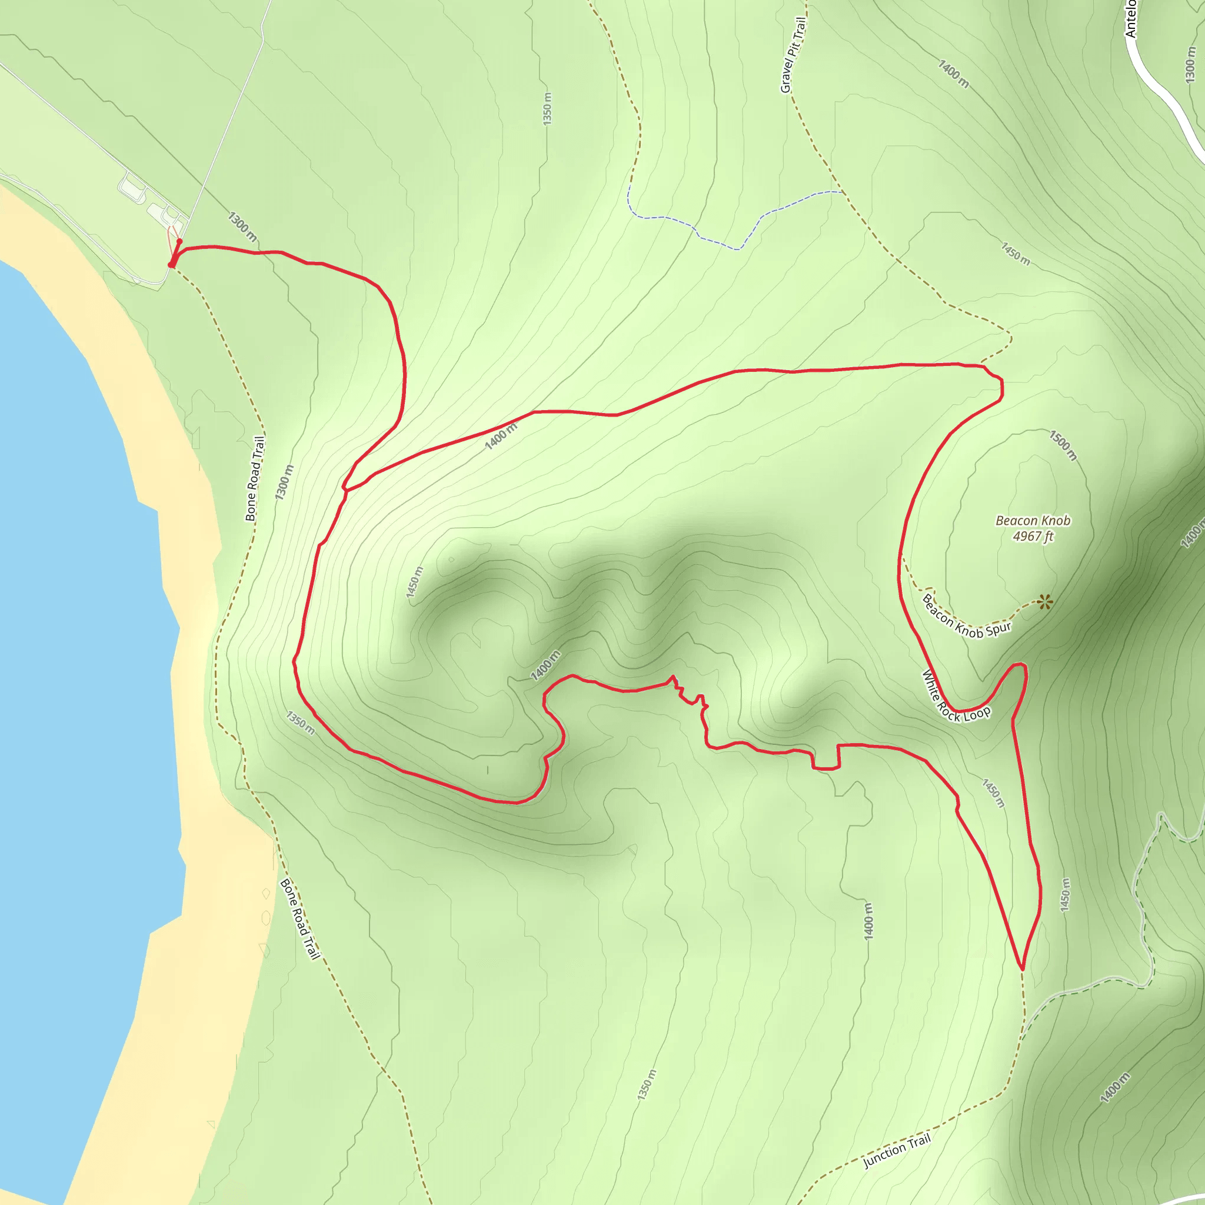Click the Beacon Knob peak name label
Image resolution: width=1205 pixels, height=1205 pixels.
click(1032, 520)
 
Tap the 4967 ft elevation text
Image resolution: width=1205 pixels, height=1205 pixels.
click(1032, 537)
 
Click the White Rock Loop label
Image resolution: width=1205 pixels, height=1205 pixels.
click(955, 697)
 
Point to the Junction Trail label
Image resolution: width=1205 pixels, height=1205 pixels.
click(896, 1151)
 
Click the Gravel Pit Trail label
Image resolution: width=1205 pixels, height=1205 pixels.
click(793, 55)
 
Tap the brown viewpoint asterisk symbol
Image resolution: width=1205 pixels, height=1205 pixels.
click(1046, 602)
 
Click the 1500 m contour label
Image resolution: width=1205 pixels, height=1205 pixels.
click(1063, 445)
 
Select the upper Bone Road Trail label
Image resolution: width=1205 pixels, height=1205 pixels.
click(254, 478)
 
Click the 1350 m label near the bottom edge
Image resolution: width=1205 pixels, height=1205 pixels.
click(647, 1084)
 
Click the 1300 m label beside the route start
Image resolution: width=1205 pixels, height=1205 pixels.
click(242, 227)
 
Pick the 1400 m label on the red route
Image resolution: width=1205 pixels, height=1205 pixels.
click(501, 436)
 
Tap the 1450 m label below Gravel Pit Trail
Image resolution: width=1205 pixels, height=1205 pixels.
click(1016, 253)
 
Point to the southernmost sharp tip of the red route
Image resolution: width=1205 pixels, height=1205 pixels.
click(1021, 968)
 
